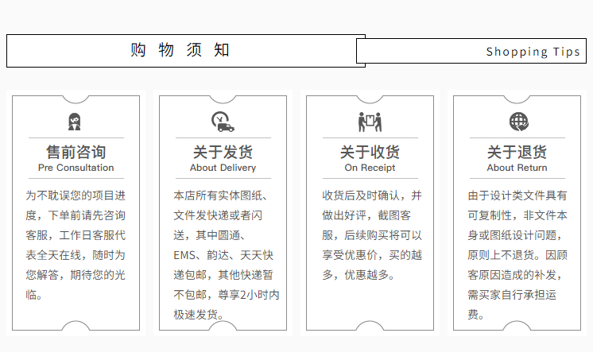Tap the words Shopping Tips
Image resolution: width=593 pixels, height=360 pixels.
pyautogui.click(x=533, y=52)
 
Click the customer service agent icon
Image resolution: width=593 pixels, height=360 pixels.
pyautogui.click(x=76, y=122)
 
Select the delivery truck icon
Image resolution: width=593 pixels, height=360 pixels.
pyautogui.click(x=223, y=122)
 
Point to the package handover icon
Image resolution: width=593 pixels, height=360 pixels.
pyautogui.click(x=370, y=122)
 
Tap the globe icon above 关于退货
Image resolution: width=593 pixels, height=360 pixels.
pyautogui.click(x=517, y=122)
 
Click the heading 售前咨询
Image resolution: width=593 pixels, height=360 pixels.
pyautogui.click(x=76, y=152)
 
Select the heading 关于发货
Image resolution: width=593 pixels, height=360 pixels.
pyautogui.click(x=223, y=152)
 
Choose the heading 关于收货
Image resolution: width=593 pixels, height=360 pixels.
pyautogui.click(x=370, y=152)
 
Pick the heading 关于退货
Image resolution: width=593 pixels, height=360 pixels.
pyautogui.click(x=517, y=152)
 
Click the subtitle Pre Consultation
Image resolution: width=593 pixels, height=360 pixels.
pyautogui.click(x=76, y=168)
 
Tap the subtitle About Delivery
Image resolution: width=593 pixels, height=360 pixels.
pyautogui.click(x=223, y=168)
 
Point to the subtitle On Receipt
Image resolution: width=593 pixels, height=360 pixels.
pyautogui.click(x=370, y=168)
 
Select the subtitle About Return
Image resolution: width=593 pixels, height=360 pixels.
pyautogui.click(x=517, y=168)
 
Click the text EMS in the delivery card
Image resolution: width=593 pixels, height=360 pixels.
pyautogui.click(x=185, y=255)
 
